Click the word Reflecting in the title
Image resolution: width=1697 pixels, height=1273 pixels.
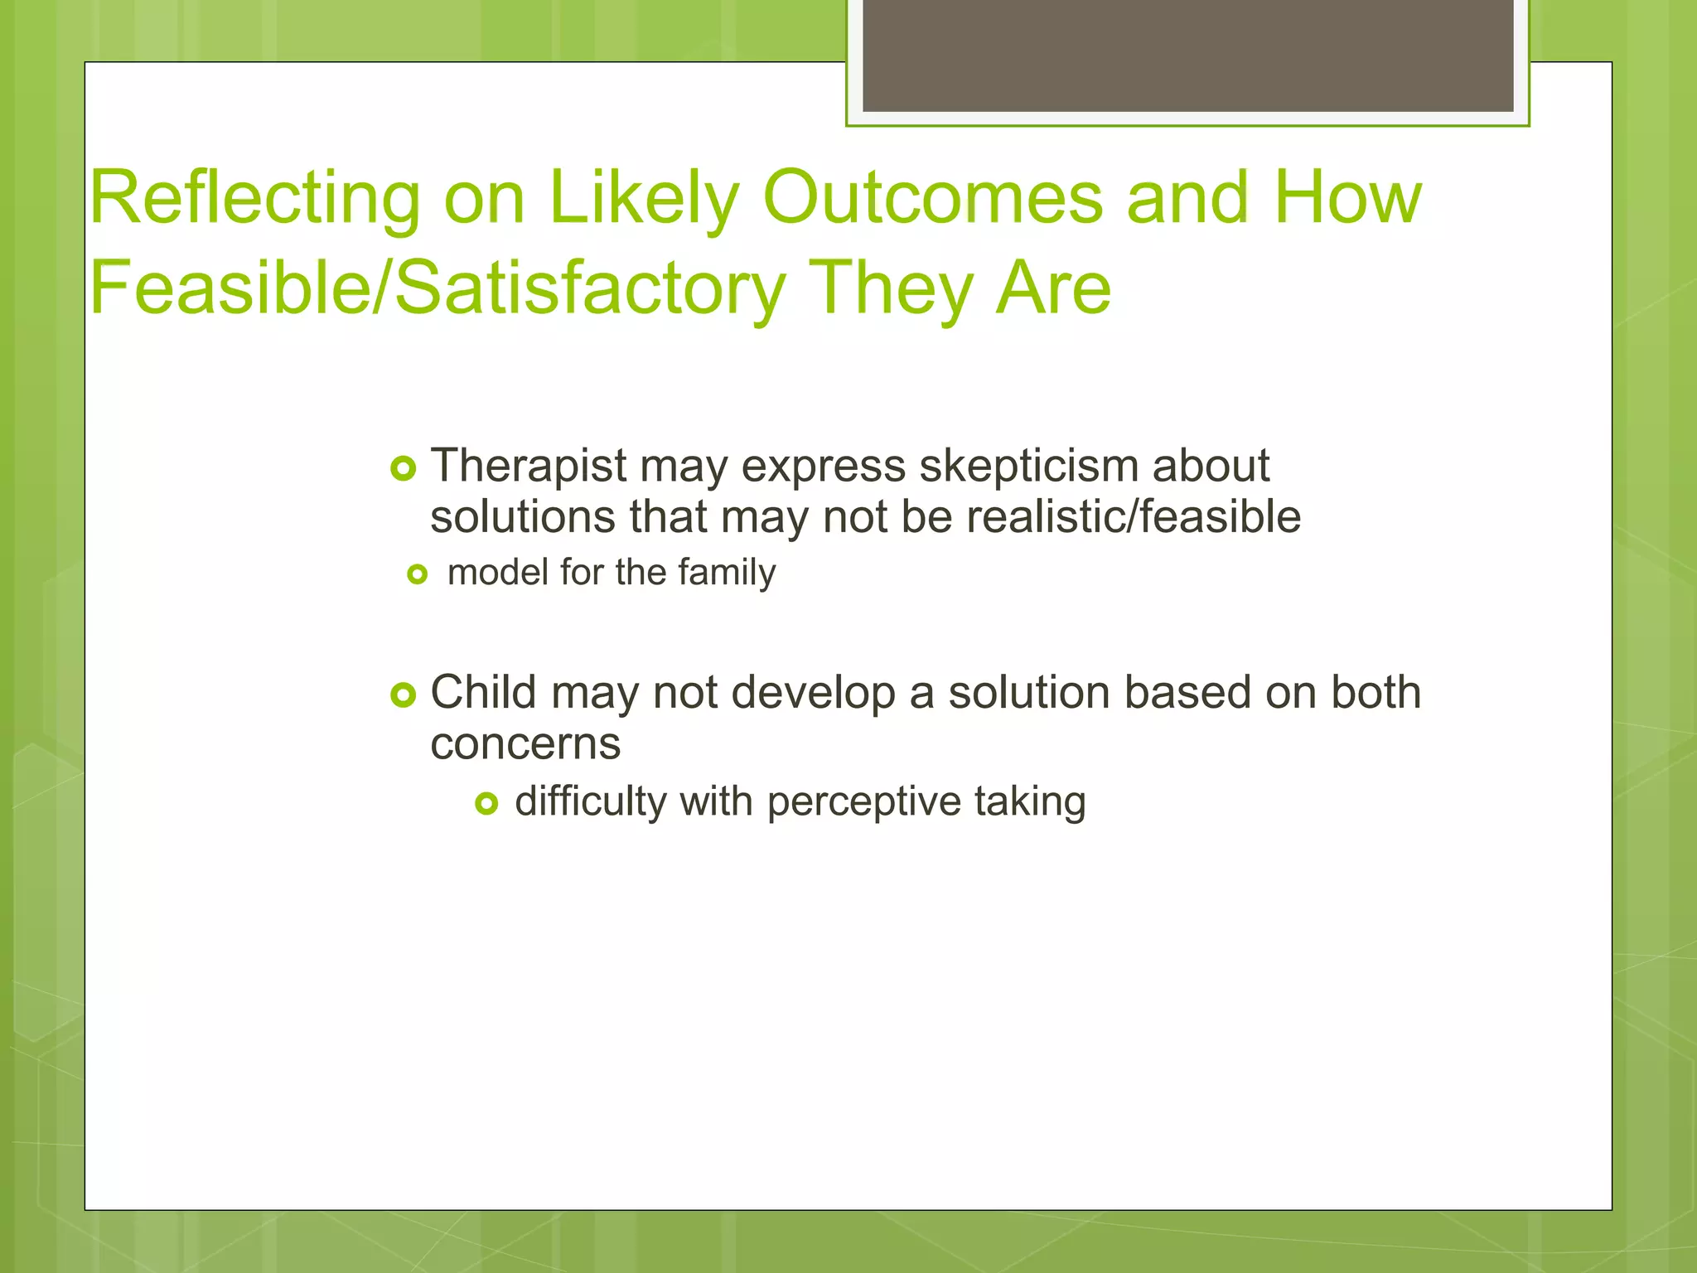click(255, 199)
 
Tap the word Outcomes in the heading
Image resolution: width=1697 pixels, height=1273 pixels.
click(932, 199)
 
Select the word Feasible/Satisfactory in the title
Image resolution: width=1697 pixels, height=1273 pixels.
click(437, 288)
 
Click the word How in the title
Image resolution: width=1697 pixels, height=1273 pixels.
click(1347, 199)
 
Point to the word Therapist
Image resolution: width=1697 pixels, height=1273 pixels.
click(528, 466)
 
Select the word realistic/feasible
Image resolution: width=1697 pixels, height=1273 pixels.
click(1134, 517)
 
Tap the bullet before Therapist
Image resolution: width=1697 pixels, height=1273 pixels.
click(403, 469)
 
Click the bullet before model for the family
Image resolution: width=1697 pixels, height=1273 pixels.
click(417, 574)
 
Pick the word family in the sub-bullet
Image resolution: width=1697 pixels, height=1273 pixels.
click(727, 573)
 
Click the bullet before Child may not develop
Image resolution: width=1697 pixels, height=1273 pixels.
click(403, 695)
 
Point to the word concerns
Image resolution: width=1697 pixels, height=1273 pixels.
click(525, 743)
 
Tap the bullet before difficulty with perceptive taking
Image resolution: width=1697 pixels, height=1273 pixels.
click(486, 803)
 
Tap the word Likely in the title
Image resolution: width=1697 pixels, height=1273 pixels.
click(643, 199)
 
